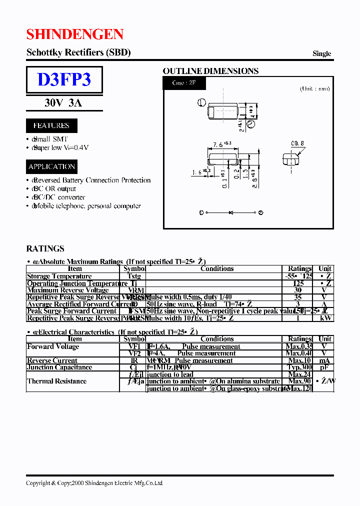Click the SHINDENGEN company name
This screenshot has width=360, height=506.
(x=75, y=34)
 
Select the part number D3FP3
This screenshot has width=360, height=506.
(x=64, y=79)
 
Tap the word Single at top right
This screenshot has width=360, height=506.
(x=321, y=53)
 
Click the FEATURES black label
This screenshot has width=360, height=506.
(x=51, y=125)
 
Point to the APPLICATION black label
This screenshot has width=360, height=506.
(x=51, y=166)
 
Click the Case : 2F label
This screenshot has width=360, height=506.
(x=183, y=82)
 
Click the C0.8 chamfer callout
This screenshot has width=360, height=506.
(x=297, y=143)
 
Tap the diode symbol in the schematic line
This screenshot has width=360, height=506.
(x=231, y=212)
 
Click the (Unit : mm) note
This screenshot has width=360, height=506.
(x=315, y=88)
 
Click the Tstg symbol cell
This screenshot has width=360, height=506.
(x=134, y=276)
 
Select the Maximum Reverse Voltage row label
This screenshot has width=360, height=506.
(x=67, y=290)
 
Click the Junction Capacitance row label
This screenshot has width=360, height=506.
(x=59, y=367)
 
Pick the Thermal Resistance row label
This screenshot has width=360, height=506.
(x=56, y=381)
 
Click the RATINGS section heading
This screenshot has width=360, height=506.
(x=45, y=248)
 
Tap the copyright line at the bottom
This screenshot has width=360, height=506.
(x=94, y=483)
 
